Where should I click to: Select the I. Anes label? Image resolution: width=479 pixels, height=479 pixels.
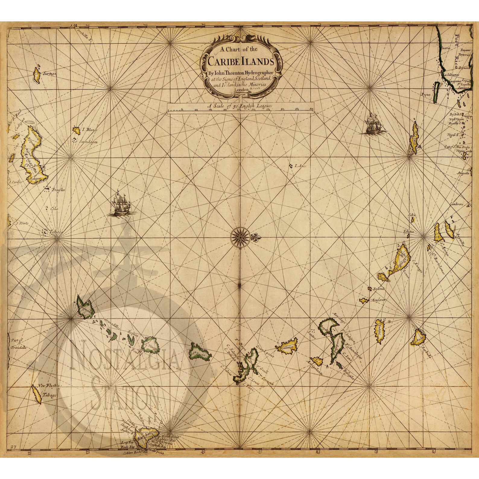(x=300, y=166)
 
